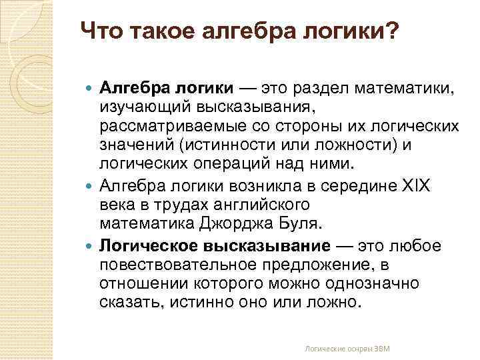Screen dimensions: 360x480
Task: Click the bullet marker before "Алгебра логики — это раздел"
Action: [x=91, y=87]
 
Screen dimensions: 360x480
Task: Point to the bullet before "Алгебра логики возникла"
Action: [x=91, y=185]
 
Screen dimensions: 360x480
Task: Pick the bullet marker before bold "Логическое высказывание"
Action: [x=91, y=245]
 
